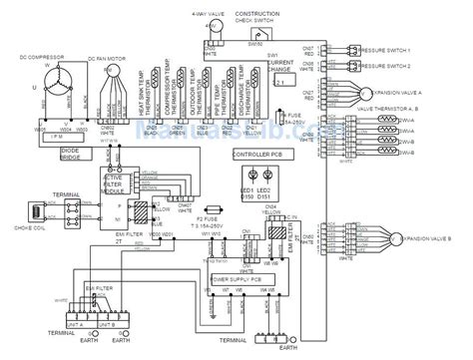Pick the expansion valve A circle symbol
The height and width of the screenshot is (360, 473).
coord(391,90)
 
